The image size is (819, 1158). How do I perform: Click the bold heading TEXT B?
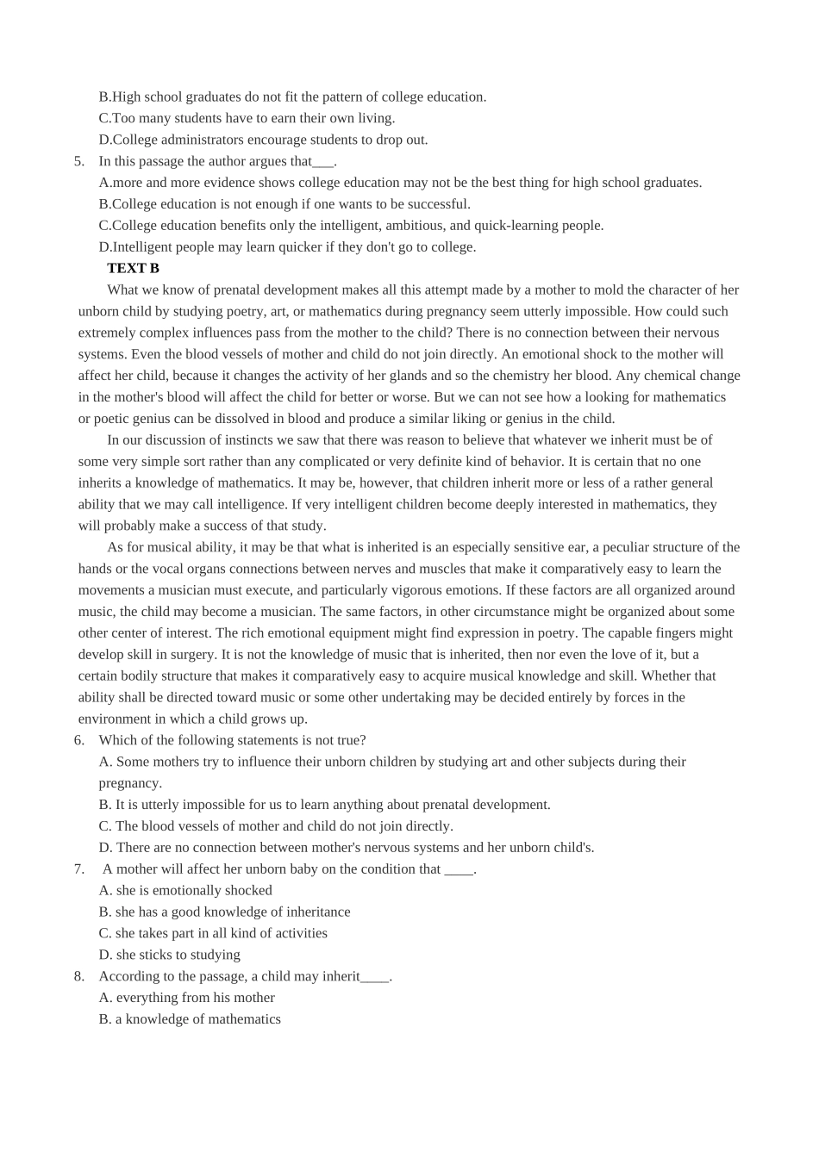[133, 268]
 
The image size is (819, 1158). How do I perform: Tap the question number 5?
[78, 161]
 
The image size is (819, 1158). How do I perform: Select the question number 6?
[78, 740]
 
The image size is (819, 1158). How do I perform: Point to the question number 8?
[78, 976]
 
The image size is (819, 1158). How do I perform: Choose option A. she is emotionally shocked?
[185, 890]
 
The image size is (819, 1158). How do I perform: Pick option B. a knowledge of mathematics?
[190, 1019]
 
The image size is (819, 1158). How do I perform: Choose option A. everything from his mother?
[187, 998]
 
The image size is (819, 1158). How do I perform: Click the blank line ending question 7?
[459, 869]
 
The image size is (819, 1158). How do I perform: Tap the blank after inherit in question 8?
[375, 977]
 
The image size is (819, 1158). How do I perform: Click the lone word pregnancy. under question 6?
[130, 783]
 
